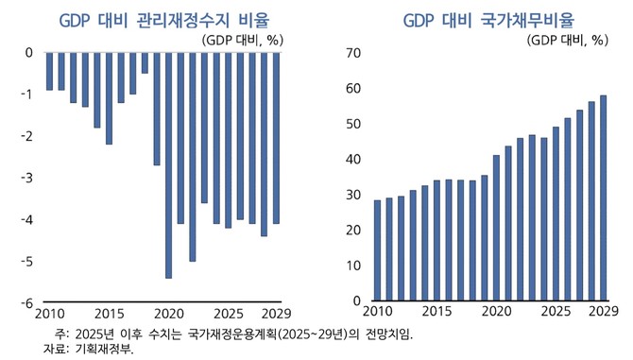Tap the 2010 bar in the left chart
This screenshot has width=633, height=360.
tap(49, 72)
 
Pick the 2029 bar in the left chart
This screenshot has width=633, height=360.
tap(276, 138)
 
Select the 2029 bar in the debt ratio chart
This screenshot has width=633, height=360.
tap(603, 197)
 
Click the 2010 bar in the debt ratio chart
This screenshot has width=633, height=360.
tap(378, 250)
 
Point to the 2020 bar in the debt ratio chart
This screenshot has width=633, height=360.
tap(497, 228)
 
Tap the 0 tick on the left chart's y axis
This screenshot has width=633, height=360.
tap(28, 53)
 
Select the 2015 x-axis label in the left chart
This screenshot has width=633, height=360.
tap(110, 314)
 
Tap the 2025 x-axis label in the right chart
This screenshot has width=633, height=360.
tap(556, 312)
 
